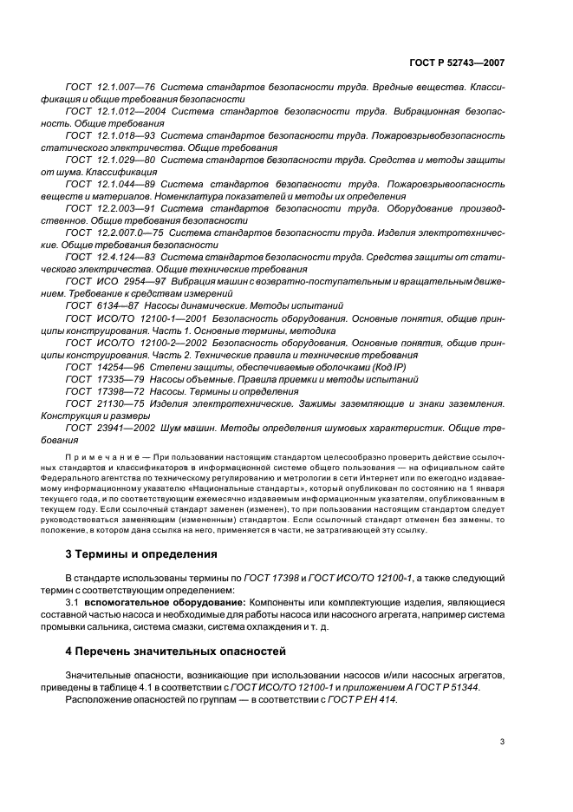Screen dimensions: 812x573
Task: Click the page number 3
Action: (502, 742)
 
